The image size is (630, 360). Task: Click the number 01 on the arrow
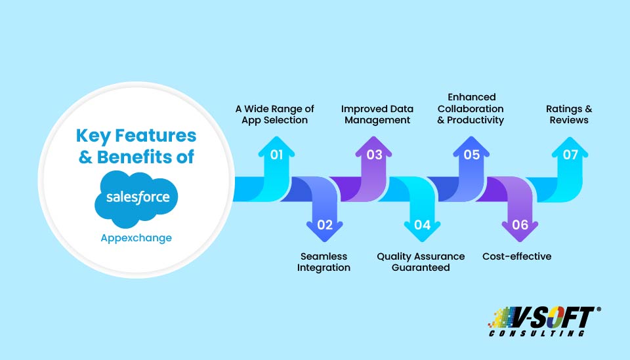pos(276,155)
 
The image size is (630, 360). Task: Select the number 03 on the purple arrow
pos(374,155)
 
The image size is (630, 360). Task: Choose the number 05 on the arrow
pos(472,155)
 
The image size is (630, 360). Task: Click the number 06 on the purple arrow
pos(520,225)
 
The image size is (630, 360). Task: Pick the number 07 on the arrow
pos(570,155)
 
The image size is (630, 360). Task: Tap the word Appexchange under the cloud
pos(136,239)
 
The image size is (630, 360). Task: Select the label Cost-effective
pos(516,256)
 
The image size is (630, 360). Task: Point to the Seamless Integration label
pos(324,262)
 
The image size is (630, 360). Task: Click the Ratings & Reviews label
pos(569,114)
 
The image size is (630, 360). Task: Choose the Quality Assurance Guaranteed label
pos(421,262)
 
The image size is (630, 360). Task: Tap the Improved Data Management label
pos(377,114)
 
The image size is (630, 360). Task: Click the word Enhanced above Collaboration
pos(472,97)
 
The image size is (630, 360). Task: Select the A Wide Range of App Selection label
pos(275,114)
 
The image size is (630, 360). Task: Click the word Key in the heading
pos(93,136)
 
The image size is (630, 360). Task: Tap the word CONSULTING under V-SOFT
pos(537,333)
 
